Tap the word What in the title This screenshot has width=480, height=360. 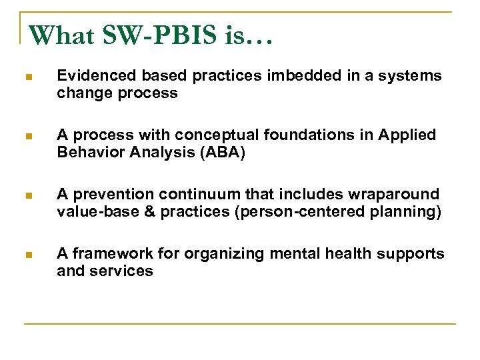(63, 35)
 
